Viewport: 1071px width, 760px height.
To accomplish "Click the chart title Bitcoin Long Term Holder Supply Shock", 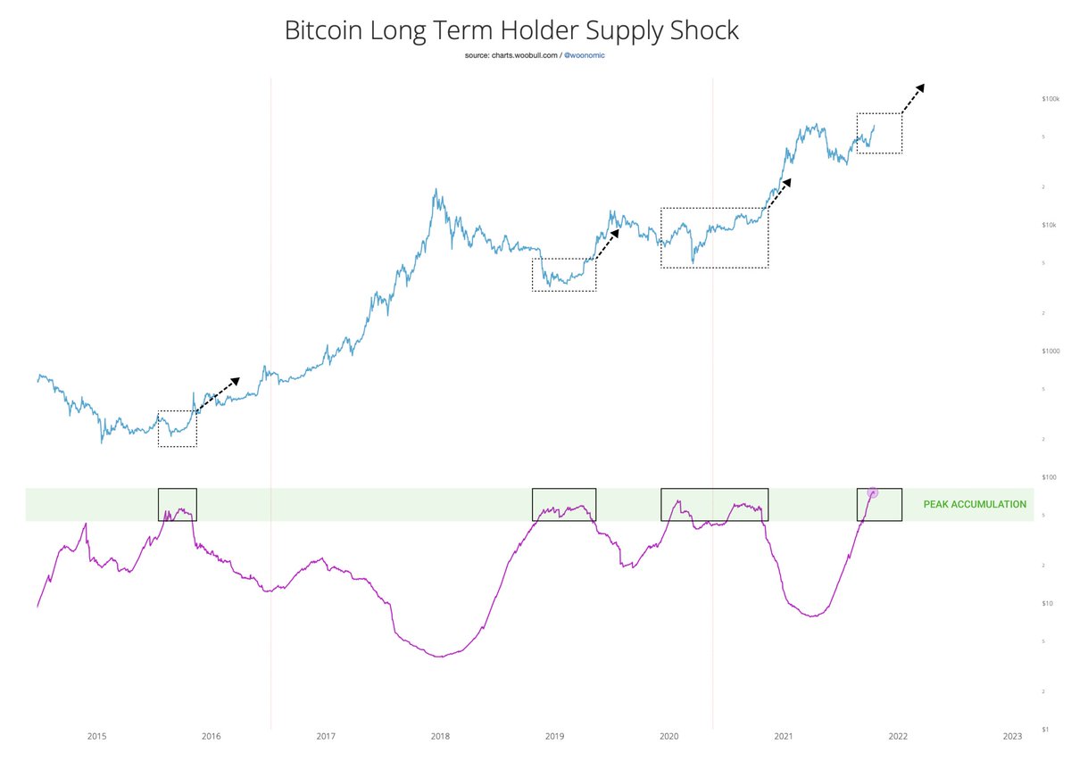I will tap(511, 30).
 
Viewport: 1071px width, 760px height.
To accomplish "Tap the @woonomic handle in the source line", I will tap(585, 55).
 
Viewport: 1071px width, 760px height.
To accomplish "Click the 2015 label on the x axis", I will tap(96, 736).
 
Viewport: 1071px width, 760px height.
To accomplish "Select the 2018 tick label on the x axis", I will tap(440, 736).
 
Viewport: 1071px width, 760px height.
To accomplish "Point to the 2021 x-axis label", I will tap(783, 736).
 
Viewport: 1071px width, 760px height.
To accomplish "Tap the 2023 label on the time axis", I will tap(1012, 736).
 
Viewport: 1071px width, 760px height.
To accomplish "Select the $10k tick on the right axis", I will tap(1049, 225).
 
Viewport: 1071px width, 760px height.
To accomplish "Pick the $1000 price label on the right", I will tap(1049, 351).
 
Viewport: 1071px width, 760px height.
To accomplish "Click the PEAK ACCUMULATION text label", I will tap(975, 505).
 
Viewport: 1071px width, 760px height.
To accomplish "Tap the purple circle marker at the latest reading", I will tap(873, 492).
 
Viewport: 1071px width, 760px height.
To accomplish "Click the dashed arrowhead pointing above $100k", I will tap(920, 87).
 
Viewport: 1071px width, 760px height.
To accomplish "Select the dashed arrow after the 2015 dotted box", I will tap(219, 393).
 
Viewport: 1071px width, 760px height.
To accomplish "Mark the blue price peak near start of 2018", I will tap(435, 190).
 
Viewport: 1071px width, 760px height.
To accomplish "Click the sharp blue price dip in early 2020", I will tap(693, 262).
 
